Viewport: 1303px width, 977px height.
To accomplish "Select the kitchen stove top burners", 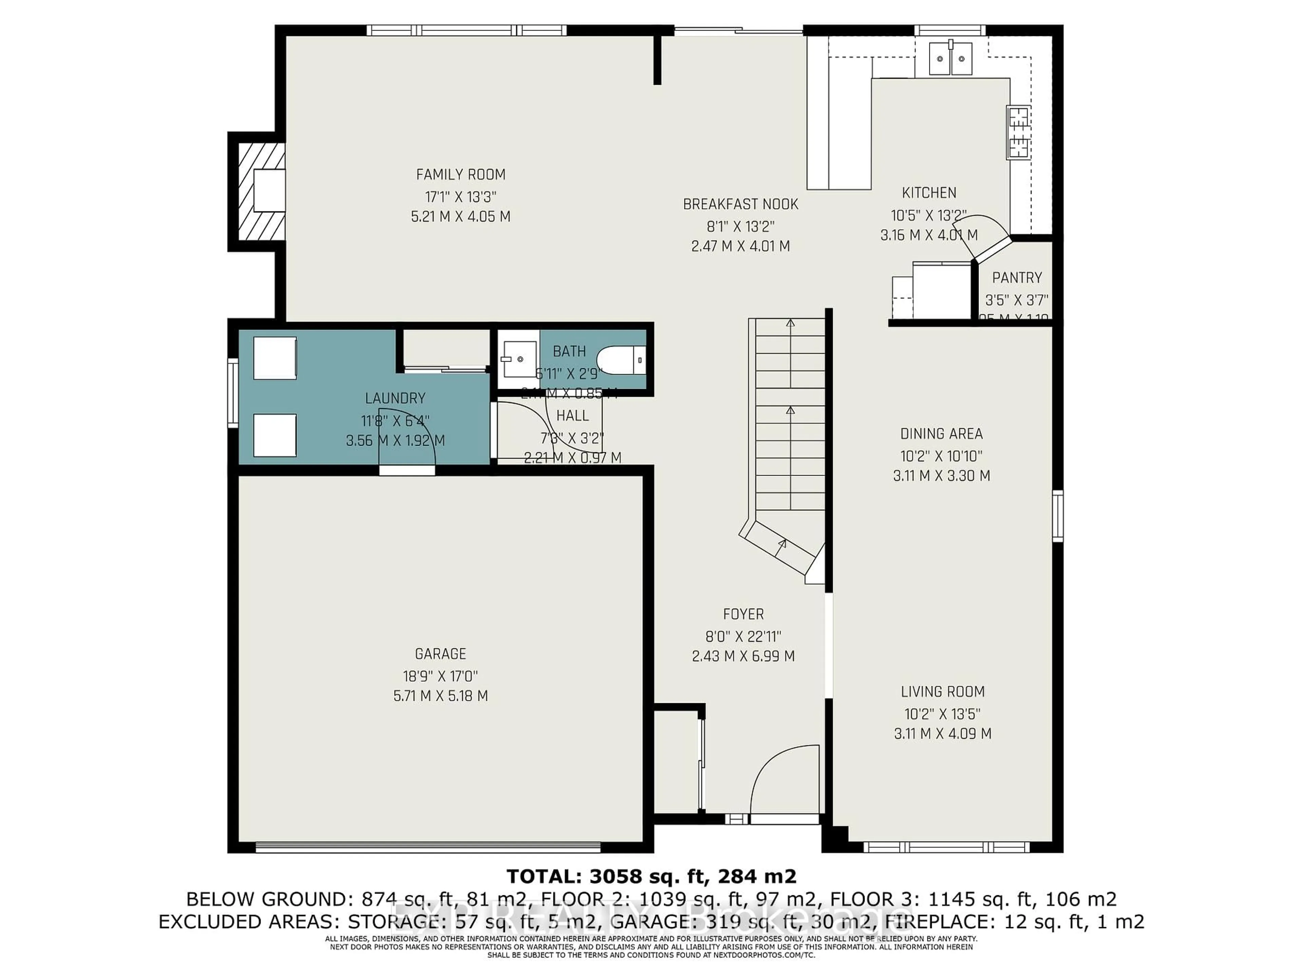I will pyautogui.click(x=1018, y=133).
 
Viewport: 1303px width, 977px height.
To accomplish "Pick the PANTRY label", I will pyautogui.click(x=1017, y=277).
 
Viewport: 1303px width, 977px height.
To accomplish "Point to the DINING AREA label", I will pyautogui.click(x=941, y=434).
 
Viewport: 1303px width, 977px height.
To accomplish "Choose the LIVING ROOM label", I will pyautogui.click(x=943, y=691).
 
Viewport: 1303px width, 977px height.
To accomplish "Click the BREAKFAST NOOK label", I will pyautogui.click(x=740, y=204).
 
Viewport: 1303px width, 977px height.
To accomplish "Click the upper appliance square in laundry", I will pyautogui.click(x=275, y=358).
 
